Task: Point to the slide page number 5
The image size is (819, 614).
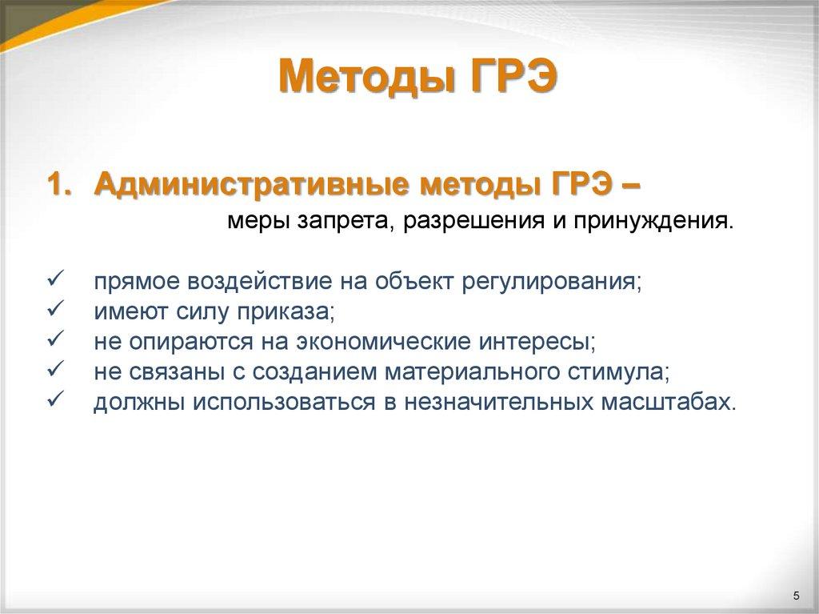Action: click(796, 595)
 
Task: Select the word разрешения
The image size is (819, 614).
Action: click(462, 220)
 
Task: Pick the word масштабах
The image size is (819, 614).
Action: click(665, 402)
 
